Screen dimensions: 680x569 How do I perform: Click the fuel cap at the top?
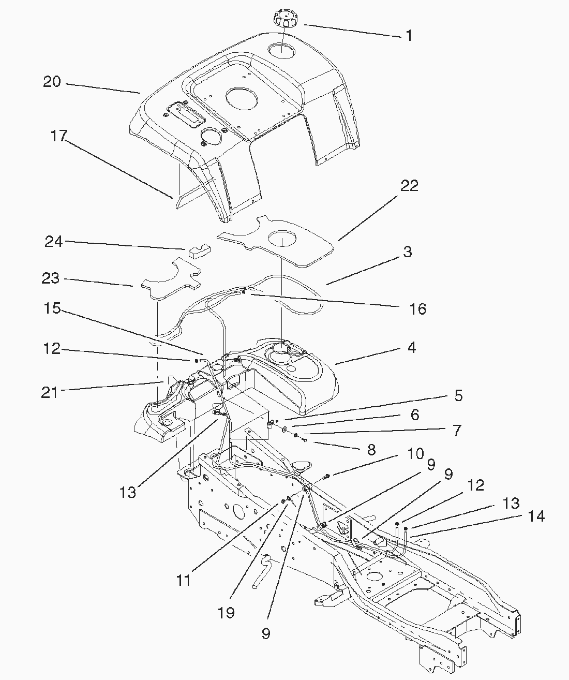coord(283,21)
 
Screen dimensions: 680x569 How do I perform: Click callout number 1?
coord(409,36)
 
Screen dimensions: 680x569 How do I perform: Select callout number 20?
coord(52,82)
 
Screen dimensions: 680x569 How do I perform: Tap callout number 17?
coord(58,136)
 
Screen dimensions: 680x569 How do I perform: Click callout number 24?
coord(53,242)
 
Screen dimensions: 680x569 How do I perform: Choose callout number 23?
coord(51,278)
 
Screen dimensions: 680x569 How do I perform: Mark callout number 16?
coord(417,309)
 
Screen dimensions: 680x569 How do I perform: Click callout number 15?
coord(52,309)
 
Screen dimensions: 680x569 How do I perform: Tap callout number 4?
coord(411,347)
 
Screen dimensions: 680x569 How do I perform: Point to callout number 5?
coord(458,396)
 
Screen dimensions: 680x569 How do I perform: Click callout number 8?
coord(371,449)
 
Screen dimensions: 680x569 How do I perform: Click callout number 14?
coord(536,516)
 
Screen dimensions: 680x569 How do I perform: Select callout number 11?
coord(183,581)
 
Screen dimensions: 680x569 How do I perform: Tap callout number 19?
coord(227,613)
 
